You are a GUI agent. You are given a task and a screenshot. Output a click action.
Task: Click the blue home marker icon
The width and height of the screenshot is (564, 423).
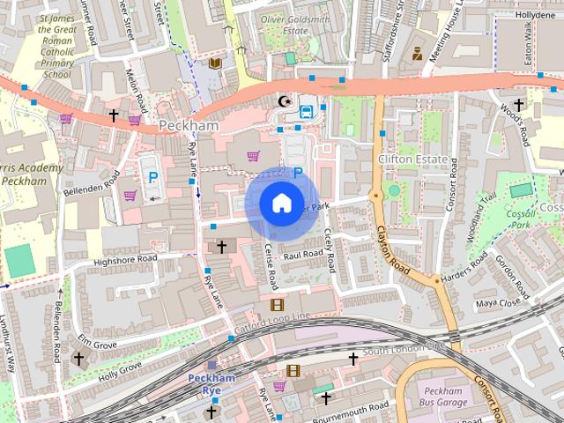pos(280,203)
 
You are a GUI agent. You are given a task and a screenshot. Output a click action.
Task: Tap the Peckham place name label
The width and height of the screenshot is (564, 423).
pos(189,126)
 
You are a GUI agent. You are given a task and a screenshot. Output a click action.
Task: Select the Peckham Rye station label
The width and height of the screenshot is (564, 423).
pos(211,383)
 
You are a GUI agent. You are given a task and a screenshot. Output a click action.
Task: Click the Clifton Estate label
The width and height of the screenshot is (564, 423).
pos(408,159)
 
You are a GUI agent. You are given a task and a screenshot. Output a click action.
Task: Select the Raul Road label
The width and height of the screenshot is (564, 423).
pos(301,254)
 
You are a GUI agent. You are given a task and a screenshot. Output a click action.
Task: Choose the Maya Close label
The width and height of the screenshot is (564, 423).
pos(499,303)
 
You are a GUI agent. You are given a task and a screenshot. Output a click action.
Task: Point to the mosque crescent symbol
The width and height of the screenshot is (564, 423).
pos(284,102)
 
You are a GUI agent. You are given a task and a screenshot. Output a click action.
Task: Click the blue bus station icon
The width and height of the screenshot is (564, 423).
pos(306,111)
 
